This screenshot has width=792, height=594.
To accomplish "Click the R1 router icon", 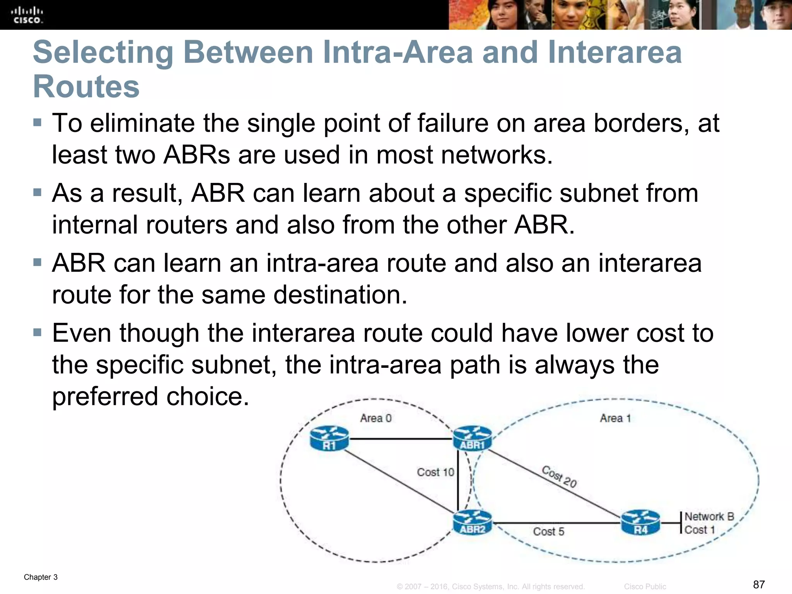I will click(x=329, y=439).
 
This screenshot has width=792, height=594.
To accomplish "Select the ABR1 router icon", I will click(x=472, y=439).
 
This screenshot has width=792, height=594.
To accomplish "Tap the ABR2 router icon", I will click(x=472, y=523).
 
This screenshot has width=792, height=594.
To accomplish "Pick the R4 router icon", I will click(x=640, y=523).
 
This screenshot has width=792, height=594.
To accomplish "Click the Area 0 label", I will click(x=376, y=418).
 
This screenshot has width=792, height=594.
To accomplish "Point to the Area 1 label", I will click(x=615, y=418).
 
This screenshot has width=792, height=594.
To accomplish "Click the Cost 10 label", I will click(x=435, y=472).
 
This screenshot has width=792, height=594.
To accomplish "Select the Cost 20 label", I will click(x=559, y=477).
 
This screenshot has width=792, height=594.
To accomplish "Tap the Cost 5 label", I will click(x=548, y=532).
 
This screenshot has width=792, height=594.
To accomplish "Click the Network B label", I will click(x=709, y=517).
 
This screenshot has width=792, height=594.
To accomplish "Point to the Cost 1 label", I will click(x=699, y=530).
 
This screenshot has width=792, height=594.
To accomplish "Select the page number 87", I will click(x=759, y=584).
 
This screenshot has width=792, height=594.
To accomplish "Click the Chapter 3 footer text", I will click(x=41, y=577).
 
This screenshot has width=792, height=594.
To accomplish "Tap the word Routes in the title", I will click(x=86, y=87).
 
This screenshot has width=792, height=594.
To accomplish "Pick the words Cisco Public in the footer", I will click(x=645, y=587).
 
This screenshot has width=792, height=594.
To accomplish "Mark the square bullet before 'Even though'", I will click(x=37, y=333).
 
